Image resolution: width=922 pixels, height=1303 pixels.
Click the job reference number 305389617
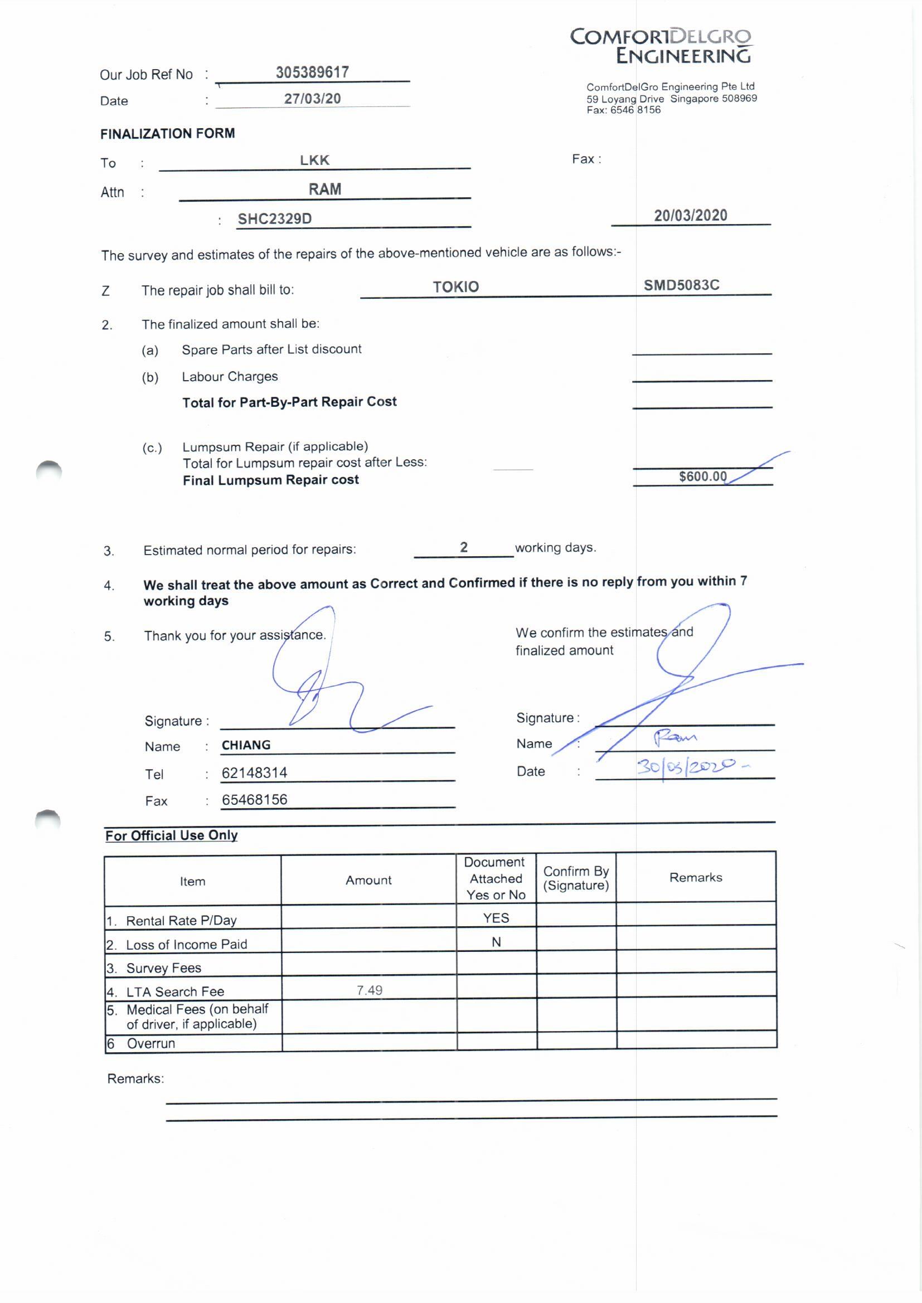click(312, 72)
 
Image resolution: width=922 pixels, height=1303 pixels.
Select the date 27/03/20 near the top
click(312, 99)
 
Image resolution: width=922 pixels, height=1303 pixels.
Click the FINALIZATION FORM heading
click(167, 134)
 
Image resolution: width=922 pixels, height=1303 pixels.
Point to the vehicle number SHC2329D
click(275, 219)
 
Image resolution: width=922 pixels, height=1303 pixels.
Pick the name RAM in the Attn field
click(325, 189)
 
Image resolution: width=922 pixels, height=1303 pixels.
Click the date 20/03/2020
click(690, 216)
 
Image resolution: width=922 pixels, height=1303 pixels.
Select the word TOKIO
click(456, 287)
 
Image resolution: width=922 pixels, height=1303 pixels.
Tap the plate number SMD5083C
click(681, 285)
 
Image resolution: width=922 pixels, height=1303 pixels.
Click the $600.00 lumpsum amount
click(703, 476)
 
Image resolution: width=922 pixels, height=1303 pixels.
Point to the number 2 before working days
click(464, 547)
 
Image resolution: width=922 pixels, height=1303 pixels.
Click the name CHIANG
click(246, 745)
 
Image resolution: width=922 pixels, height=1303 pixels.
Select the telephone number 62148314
click(254, 772)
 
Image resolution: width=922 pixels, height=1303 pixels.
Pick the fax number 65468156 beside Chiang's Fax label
click(254, 800)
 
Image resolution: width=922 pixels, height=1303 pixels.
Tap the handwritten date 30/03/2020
click(687, 767)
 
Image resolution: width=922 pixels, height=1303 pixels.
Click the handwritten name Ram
click(674, 738)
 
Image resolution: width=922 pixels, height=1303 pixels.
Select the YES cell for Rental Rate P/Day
click(496, 918)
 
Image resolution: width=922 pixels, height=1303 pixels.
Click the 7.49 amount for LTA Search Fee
click(369, 990)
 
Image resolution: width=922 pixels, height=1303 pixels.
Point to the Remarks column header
click(696, 878)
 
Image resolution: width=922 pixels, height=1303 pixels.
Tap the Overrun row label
click(151, 1044)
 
